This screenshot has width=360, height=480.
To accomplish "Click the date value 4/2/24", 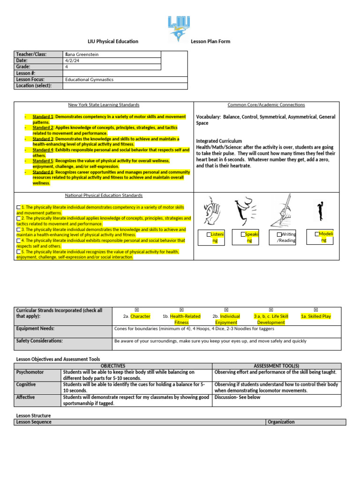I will pyautogui.click(x=72, y=60).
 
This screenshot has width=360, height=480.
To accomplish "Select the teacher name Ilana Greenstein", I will pyautogui.click(x=82, y=54).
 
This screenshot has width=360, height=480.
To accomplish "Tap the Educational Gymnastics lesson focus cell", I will pyautogui.click(x=90, y=80).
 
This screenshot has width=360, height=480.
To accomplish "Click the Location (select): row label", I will pyautogui.click(x=33, y=86).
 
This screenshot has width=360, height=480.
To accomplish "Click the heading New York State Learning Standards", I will pyautogui.click(x=104, y=105).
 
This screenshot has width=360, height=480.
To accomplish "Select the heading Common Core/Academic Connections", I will pyautogui.click(x=266, y=105).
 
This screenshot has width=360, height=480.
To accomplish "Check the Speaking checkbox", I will pyautogui.click(x=243, y=234).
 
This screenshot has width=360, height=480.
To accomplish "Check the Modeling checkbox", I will pyautogui.click(x=317, y=233).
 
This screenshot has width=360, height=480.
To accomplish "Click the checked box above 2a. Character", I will pyautogui.click(x=136, y=310).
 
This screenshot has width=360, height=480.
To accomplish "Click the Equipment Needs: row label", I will pyautogui.click(x=36, y=329).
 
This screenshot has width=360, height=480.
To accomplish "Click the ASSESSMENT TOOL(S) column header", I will pyautogui.click(x=276, y=366).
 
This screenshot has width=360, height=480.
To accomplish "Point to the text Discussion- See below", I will pyautogui.click(x=237, y=397).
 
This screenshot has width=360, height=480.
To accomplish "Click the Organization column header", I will pyautogui.click(x=281, y=422).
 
